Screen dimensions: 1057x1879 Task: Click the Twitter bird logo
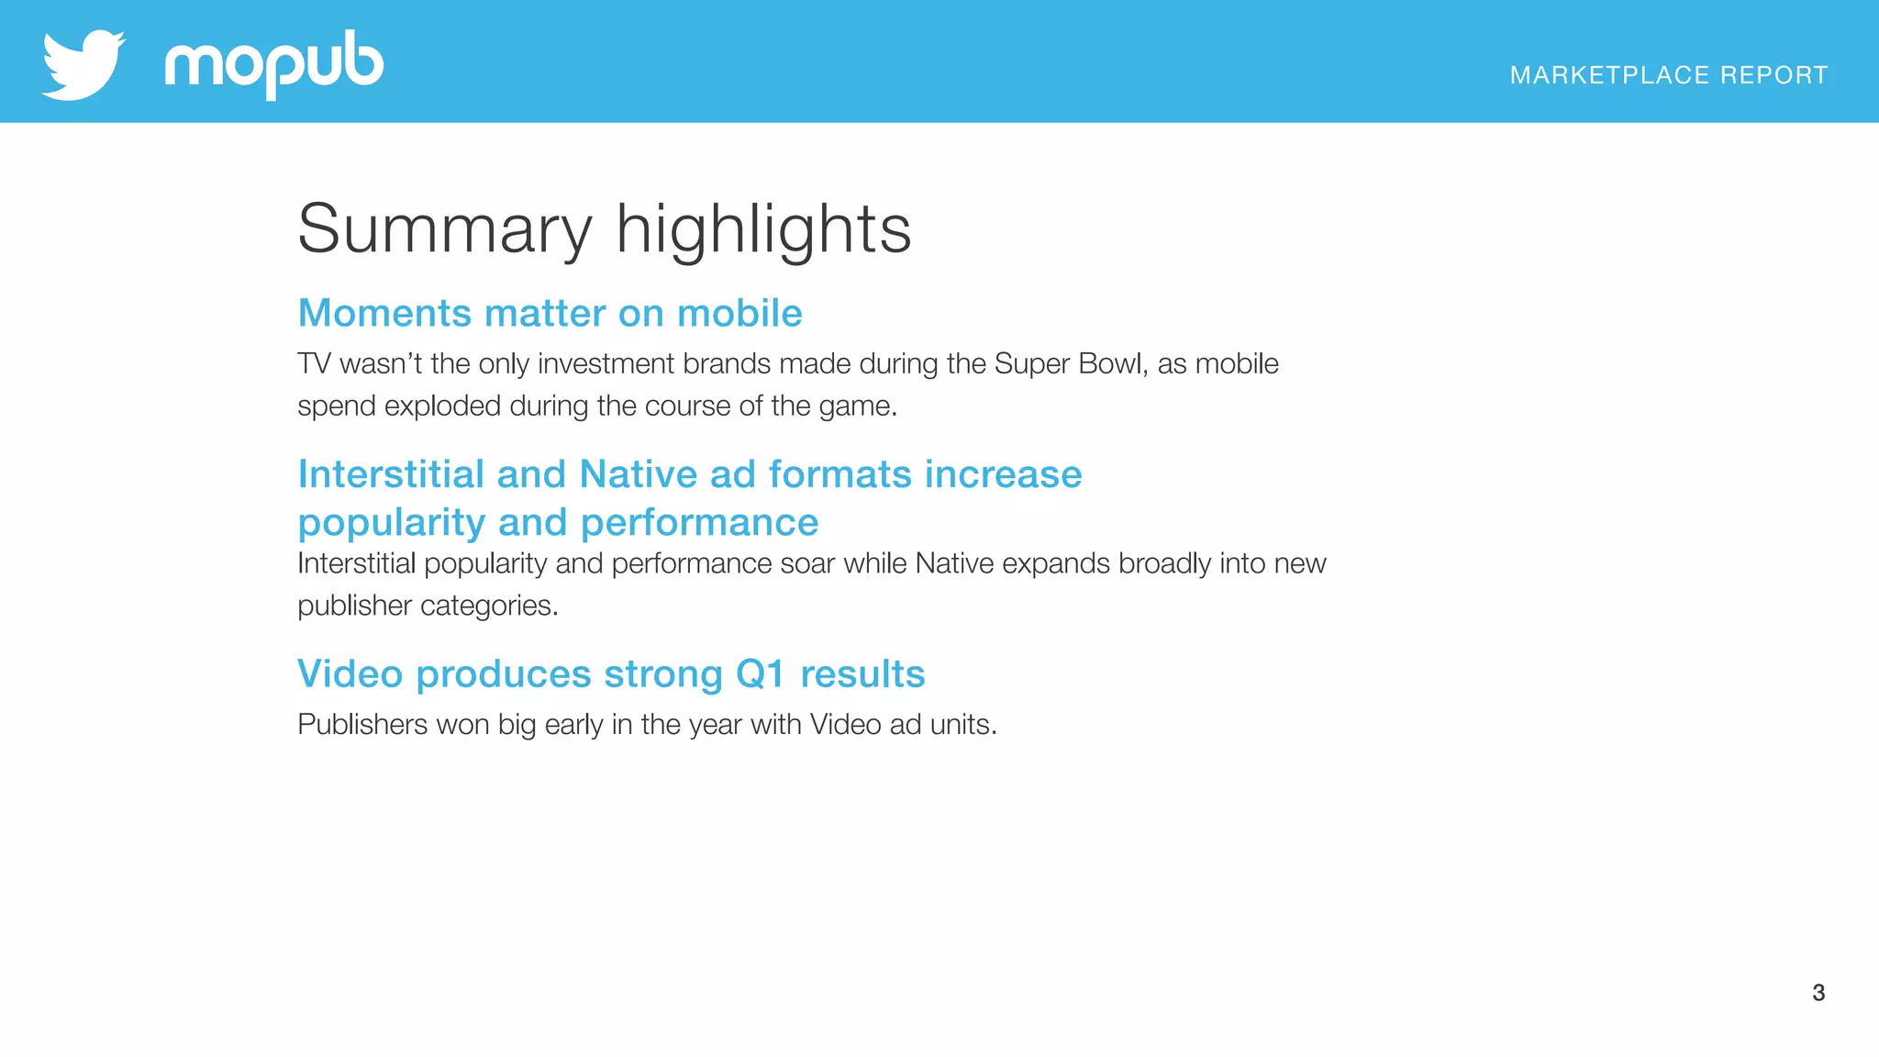click(83, 64)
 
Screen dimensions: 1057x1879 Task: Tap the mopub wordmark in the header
click(273, 64)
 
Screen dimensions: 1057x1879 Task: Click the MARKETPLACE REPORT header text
click(1668, 75)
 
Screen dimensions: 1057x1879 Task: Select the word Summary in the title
click(445, 229)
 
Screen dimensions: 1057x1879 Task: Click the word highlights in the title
click(763, 229)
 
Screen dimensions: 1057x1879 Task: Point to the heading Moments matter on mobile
click(550, 314)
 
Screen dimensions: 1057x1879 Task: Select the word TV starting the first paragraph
click(314, 364)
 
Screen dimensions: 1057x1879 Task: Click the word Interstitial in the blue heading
click(391, 474)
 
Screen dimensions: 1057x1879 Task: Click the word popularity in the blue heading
click(392, 523)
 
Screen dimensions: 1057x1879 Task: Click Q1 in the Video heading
click(761, 674)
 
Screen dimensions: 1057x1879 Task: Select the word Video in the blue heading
click(350, 674)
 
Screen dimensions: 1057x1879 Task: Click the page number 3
click(1818, 993)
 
